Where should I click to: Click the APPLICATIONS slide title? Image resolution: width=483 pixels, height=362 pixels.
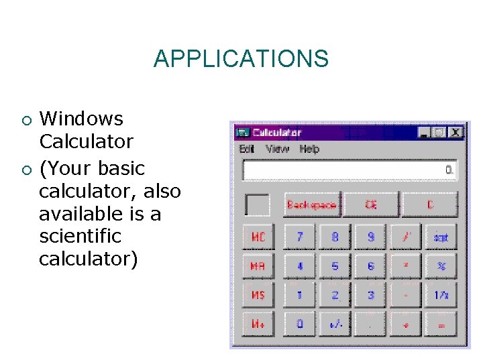point(241,59)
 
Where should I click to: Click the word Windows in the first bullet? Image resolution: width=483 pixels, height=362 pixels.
point(82,119)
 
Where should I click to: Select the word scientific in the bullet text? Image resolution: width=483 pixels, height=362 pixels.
point(80,236)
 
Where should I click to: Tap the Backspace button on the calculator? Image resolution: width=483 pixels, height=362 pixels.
point(312,204)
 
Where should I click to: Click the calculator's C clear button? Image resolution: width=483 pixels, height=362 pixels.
point(430,204)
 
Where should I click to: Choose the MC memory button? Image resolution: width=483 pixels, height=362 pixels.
point(258,237)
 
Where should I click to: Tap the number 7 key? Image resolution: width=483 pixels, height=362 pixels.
point(300,237)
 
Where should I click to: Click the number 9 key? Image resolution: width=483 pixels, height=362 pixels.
point(371,237)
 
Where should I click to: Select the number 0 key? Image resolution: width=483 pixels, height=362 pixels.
point(300,324)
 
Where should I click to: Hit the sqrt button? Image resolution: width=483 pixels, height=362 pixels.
point(441,237)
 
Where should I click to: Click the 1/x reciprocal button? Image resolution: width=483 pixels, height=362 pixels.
point(441,295)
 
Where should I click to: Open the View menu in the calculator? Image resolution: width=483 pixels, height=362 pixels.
point(277,149)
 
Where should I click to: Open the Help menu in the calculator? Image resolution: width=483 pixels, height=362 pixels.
point(309,149)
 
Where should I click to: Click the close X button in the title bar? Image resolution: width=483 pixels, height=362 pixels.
point(455,133)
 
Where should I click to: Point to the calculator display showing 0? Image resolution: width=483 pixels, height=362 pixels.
point(350,170)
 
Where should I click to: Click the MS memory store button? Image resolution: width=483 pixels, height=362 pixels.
point(258,295)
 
